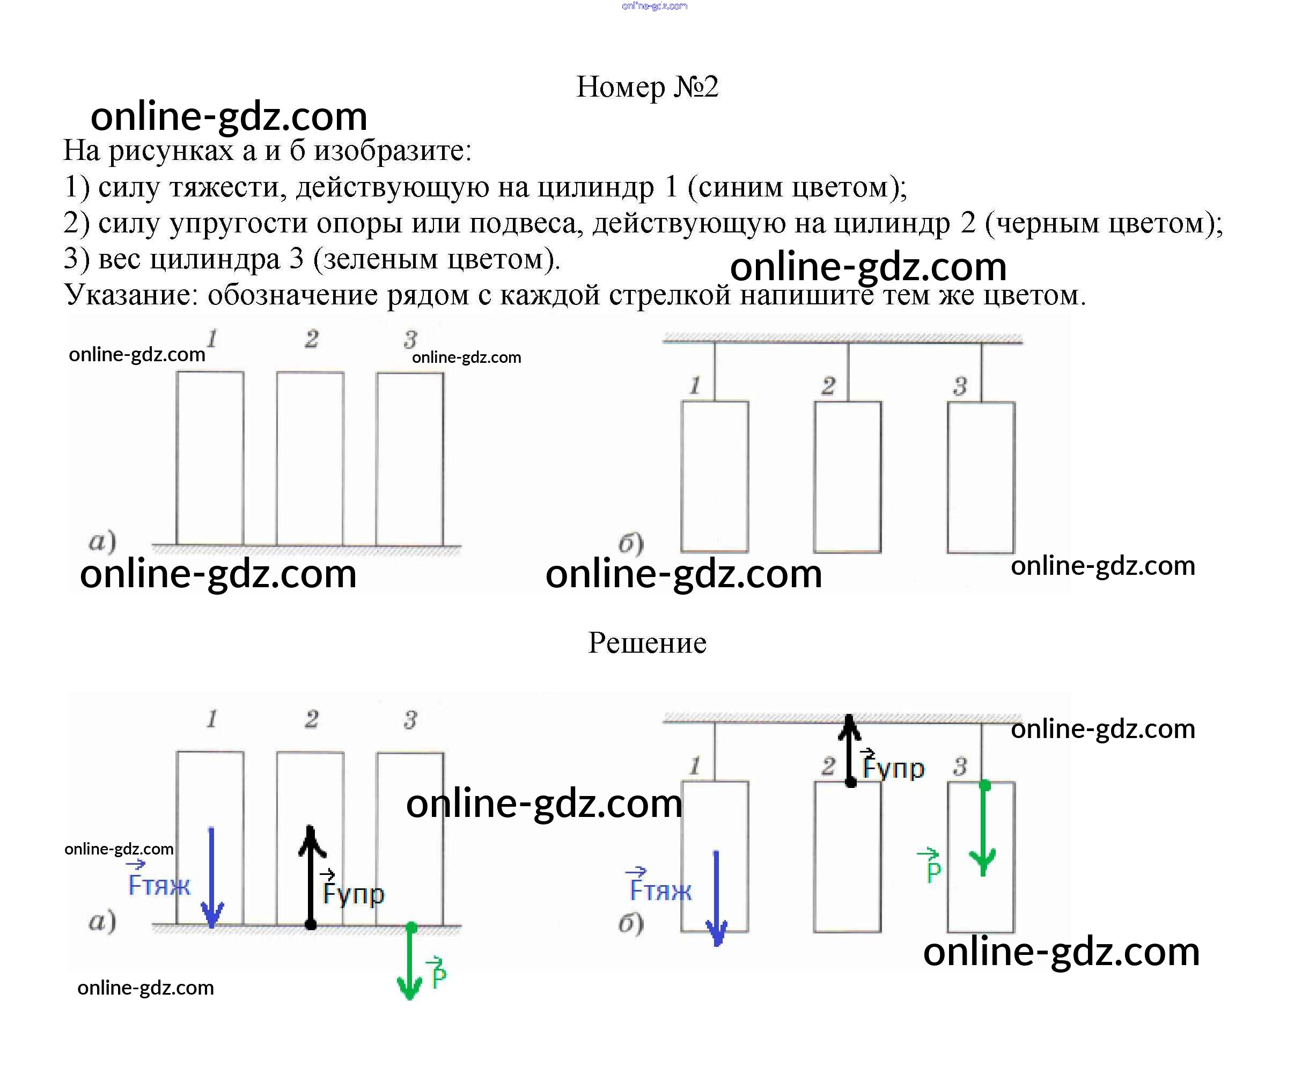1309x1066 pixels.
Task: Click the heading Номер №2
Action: click(647, 86)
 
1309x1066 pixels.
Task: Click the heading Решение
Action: click(647, 643)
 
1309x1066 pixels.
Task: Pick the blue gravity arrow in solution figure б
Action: click(716, 899)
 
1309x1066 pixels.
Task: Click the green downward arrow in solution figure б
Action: click(984, 828)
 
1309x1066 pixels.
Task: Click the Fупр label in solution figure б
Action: click(893, 764)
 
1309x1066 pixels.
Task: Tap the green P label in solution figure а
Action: click(438, 973)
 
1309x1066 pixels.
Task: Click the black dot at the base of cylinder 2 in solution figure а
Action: click(311, 924)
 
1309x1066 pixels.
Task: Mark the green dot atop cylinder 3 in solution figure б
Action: click(984, 785)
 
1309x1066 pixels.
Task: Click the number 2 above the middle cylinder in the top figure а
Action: click(312, 339)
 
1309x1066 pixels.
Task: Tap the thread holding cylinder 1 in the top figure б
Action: click(715, 371)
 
